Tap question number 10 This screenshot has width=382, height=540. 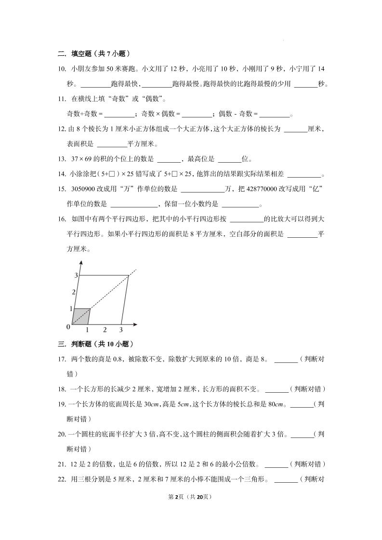tap(62, 69)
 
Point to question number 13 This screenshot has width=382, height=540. tap(62, 159)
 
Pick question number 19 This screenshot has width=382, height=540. tap(62, 404)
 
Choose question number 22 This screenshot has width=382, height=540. tap(62, 479)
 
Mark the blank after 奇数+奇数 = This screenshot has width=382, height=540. tap(119, 115)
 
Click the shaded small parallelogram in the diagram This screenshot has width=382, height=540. tap(81, 316)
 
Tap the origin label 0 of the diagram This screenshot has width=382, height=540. tap(68, 327)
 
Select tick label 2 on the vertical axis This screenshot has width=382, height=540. tap(74, 292)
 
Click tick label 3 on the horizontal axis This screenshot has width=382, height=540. tap(121, 330)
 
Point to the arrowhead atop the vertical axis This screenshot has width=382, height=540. tap(80, 263)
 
